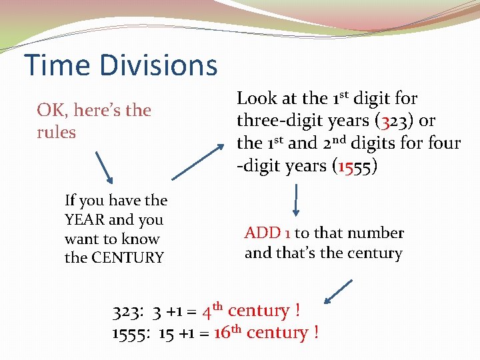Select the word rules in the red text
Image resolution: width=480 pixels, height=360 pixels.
[x=56, y=132]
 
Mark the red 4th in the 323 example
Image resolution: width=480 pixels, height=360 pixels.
[x=213, y=311]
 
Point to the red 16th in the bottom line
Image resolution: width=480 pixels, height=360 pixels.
[x=227, y=332]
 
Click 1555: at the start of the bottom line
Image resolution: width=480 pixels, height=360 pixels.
[x=133, y=333]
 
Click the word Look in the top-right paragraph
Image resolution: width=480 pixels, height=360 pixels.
[x=257, y=99]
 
